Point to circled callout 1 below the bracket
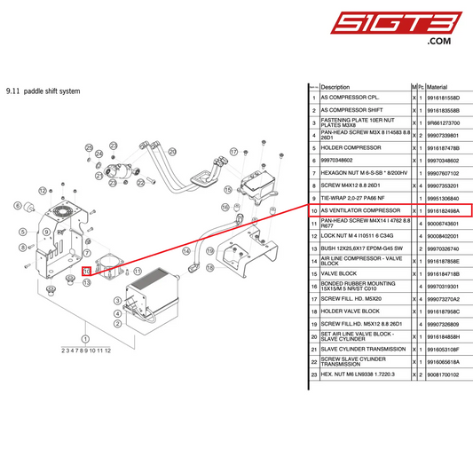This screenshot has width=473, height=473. point(85,338)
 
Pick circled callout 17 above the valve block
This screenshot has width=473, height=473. point(233,152)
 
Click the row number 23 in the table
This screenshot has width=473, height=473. point(313,374)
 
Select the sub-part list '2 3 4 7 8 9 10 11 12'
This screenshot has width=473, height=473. point(86,350)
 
